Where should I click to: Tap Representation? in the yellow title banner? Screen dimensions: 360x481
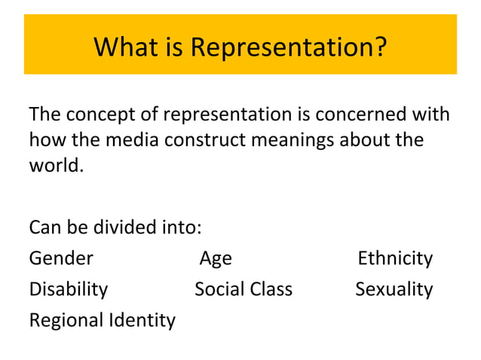pyautogui.click(x=289, y=47)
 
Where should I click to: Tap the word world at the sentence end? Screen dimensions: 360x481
pyautogui.click(x=54, y=165)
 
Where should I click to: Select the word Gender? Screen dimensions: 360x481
pyautogui.click(x=61, y=258)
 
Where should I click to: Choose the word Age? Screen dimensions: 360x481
pyautogui.click(x=216, y=259)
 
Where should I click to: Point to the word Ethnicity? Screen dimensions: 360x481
pyautogui.click(x=394, y=258)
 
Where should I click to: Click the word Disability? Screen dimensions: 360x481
pyautogui.click(x=68, y=289)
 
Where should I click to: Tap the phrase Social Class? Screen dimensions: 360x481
pyautogui.click(x=244, y=289)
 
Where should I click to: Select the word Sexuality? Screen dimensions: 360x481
pyautogui.click(x=394, y=289)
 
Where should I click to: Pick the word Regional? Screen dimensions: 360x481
pyautogui.click(x=65, y=321)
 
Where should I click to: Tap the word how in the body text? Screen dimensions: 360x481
pyautogui.click(x=44, y=140)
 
